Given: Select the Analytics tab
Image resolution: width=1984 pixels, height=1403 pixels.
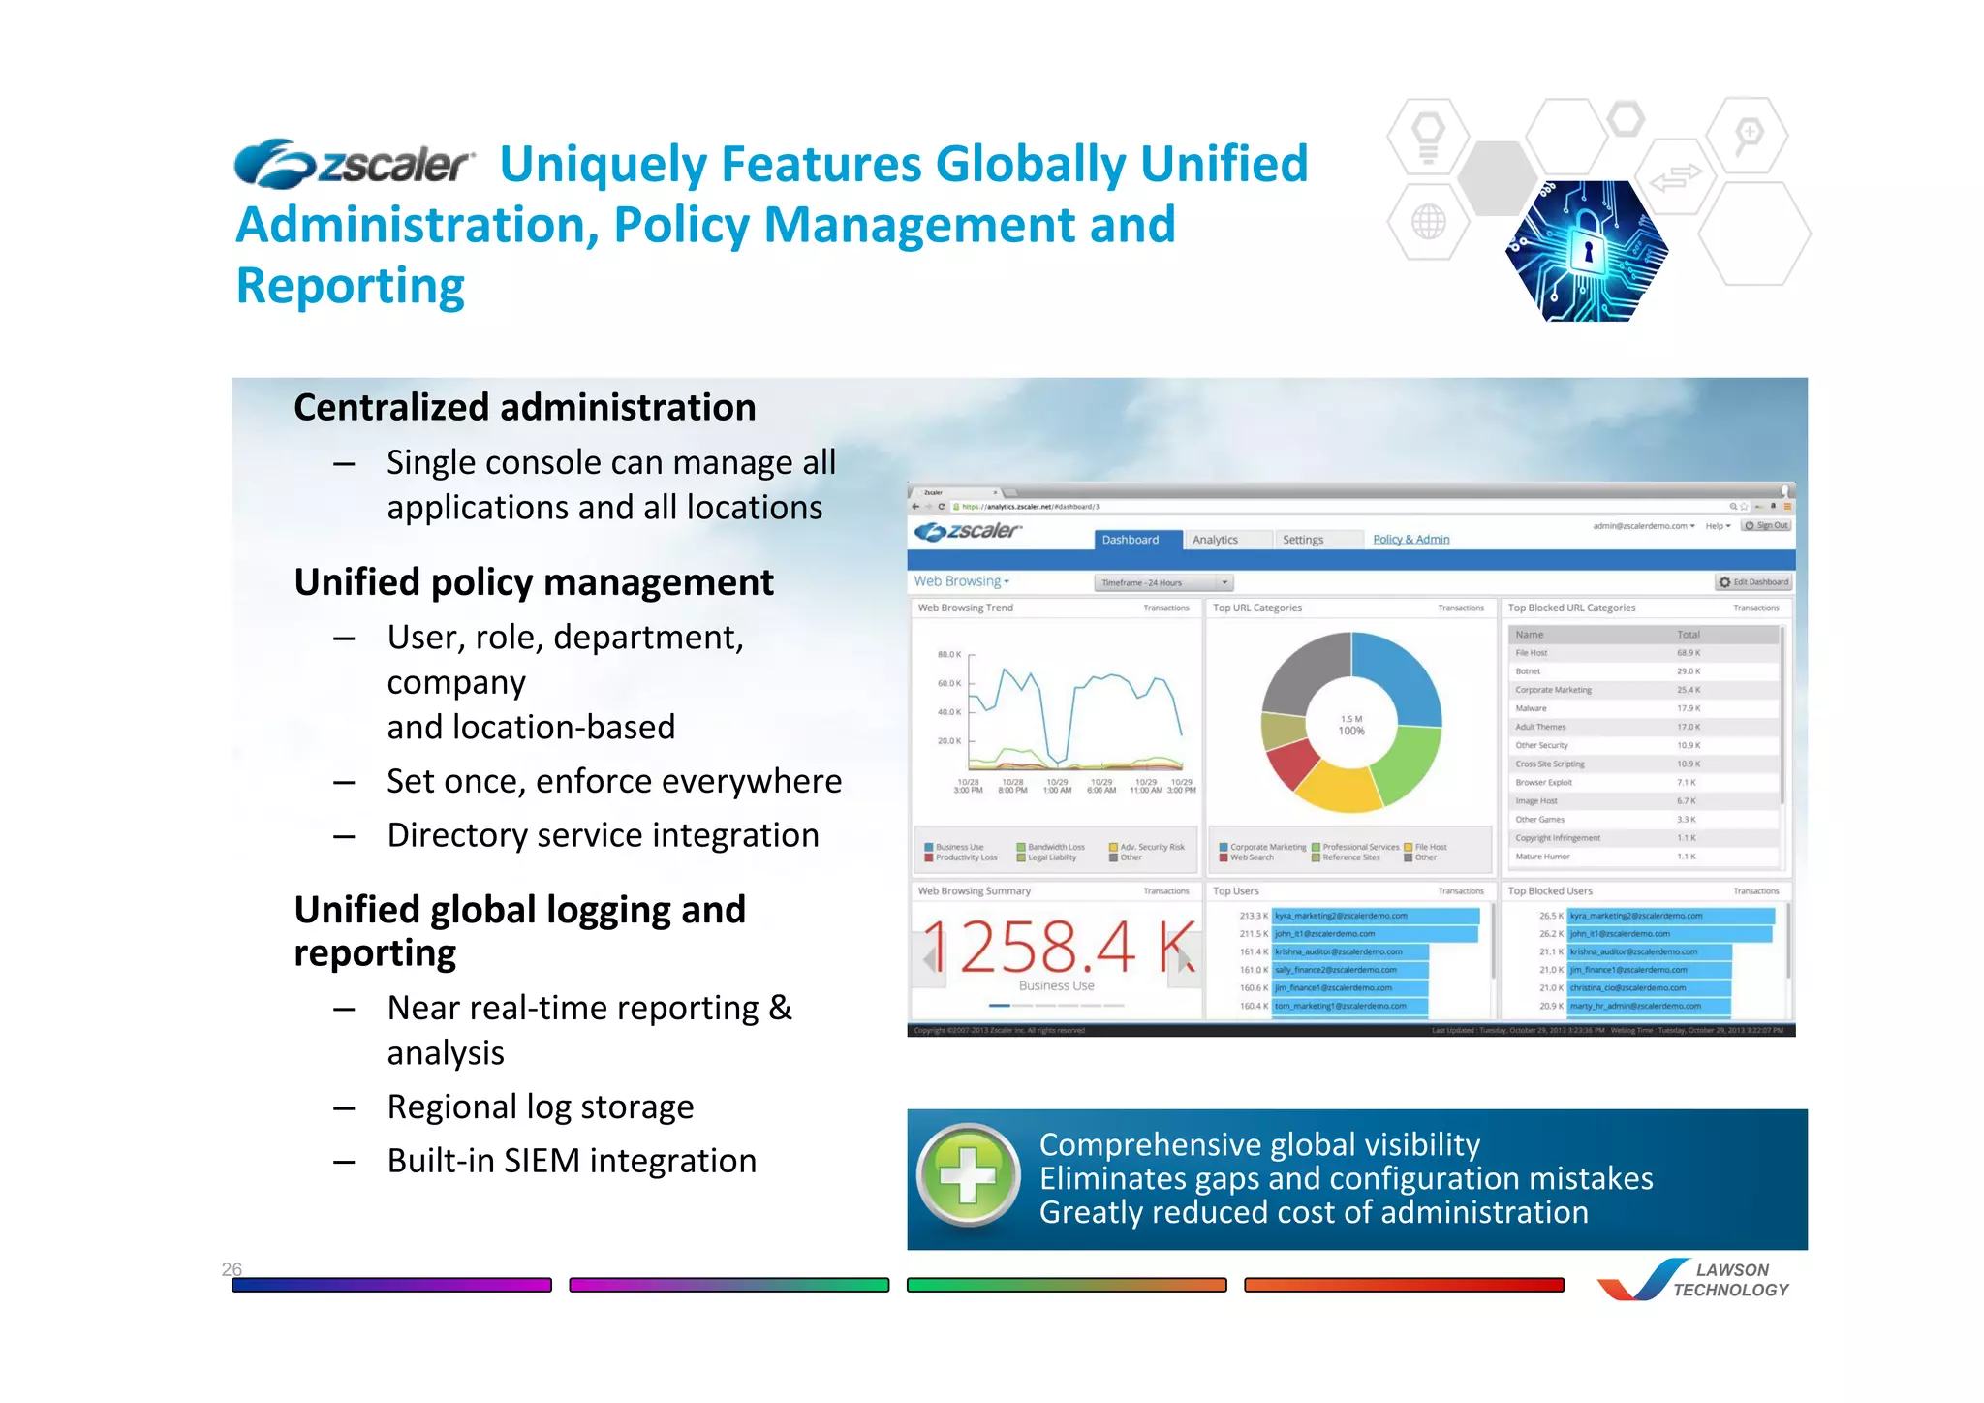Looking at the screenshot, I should (x=1215, y=540).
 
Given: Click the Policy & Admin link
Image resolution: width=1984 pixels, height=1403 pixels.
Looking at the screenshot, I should (x=1410, y=539).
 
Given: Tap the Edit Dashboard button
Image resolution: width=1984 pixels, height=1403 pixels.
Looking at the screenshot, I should (x=1753, y=582).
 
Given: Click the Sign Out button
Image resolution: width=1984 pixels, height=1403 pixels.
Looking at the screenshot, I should (x=1766, y=525).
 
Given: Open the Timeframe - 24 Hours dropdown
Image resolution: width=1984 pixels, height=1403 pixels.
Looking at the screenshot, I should (x=1163, y=582).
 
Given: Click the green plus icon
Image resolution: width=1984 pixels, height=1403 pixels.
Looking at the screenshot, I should (x=969, y=1176).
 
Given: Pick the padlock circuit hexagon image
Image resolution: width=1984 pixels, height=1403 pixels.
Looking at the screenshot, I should (x=1586, y=251).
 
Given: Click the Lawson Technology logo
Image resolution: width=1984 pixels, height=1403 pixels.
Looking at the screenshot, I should (x=1694, y=1280).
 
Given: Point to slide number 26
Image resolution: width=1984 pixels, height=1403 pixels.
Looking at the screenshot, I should (x=232, y=1268).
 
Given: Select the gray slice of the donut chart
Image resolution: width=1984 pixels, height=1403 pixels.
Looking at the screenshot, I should (x=1303, y=670).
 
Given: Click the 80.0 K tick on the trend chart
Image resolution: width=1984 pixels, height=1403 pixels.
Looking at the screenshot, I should (x=948, y=654).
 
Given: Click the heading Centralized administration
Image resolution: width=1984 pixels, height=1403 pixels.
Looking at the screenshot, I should (x=524, y=408).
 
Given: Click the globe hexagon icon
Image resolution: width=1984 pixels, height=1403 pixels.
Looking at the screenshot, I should (x=1428, y=222).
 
